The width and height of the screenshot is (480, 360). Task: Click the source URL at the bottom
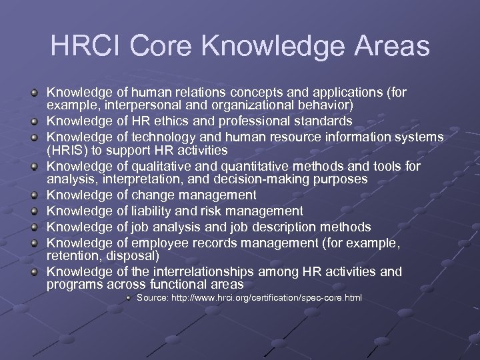point(267,297)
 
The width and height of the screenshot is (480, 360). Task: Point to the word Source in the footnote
point(153,297)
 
